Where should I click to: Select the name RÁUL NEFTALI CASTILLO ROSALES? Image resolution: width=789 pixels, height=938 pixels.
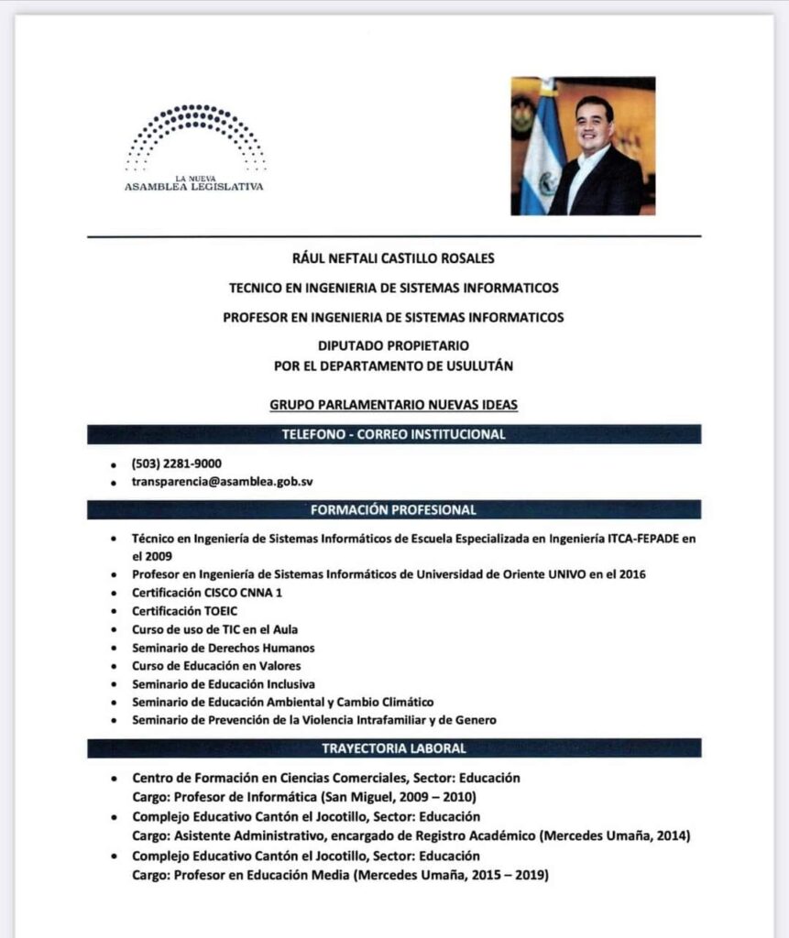(394, 259)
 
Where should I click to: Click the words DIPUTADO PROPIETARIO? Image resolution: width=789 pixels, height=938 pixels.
(394, 345)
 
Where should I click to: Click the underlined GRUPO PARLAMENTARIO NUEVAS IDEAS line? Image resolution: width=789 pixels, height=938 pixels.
(394, 403)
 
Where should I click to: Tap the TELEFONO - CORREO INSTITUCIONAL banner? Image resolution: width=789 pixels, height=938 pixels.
(394, 434)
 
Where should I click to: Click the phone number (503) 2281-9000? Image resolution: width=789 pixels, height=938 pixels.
(177, 464)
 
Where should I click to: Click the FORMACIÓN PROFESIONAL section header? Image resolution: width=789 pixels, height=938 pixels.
(394, 509)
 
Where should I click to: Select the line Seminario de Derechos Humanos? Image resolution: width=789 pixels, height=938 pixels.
(223, 648)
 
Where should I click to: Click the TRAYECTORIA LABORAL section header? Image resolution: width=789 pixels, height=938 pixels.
(394, 748)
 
